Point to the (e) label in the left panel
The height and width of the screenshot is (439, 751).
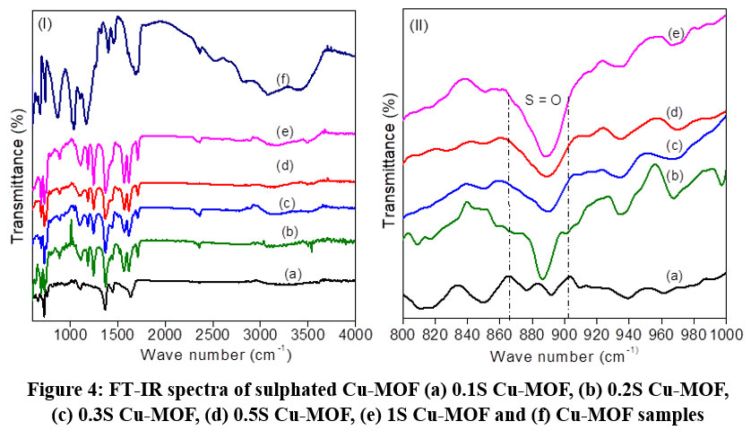285,132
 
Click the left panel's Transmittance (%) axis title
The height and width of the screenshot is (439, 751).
18,169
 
